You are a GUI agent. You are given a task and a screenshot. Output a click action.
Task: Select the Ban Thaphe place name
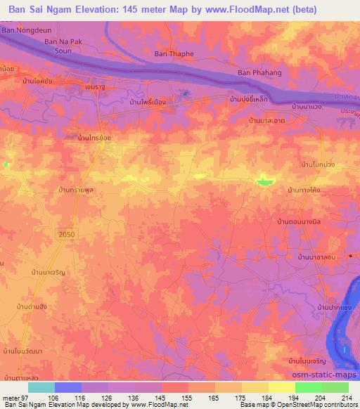click(x=172, y=53)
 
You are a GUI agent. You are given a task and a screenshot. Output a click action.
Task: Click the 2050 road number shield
click(x=66, y=233)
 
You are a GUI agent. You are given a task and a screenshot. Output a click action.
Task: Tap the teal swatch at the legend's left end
click(x=41, y=387)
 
